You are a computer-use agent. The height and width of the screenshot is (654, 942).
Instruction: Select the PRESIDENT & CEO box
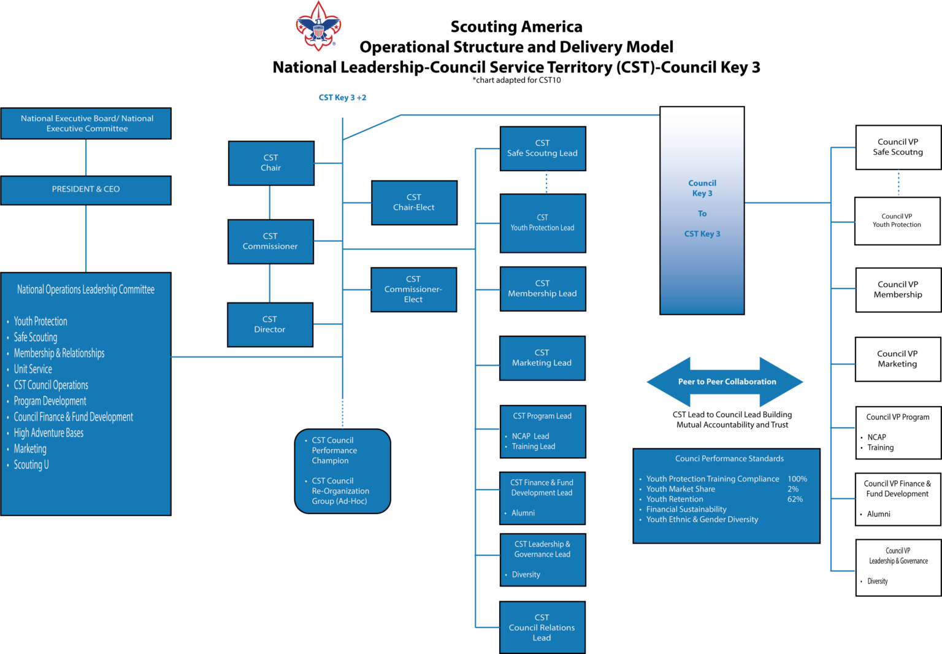pyautogui.click(x=86, y=190)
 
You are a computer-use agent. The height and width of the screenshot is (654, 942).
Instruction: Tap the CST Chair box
pyautogui.click(x=271, y=163)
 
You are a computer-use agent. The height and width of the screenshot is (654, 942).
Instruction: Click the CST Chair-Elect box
pyautogui.click(x=414, y=202)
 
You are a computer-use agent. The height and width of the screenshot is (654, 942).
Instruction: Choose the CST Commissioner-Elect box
pyautogui.click(x=413, y=289)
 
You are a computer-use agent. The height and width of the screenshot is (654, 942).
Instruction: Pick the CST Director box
pyautogui.click(x=270, y=325)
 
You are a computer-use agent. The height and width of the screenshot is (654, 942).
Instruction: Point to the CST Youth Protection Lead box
pyautogui.click(x=543, y=223)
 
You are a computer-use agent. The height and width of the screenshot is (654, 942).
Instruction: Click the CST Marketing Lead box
pyautogui.click(x=542, y=358)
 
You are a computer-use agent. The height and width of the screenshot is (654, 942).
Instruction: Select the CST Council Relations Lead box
pyautogui.click(x=542, y=628)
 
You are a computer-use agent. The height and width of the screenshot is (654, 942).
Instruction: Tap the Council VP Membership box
pyautogui.click(x=898, y=290)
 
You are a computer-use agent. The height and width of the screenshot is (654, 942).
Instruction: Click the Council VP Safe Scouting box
pyautogui.click(x=898, y=147)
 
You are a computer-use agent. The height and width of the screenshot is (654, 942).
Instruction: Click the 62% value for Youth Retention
pyautogui.click(x=795, y=499)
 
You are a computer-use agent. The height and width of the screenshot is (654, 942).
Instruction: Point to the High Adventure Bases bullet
pyautogui.click(x=48, y=433)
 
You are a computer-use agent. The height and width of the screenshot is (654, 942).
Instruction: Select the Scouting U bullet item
pyautogui.click(x=31, y=465)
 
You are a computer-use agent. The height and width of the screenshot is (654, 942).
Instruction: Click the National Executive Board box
pyautogui.click(x=86, y=123)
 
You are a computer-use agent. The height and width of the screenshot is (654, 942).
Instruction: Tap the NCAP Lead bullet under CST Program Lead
pyautogui.click(x=530, y=436)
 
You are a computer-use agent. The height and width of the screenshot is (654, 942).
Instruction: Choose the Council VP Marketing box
pyautogui.click(x=897, y=359)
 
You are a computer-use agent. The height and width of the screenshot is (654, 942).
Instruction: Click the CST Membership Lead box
pyautogui.click(x=542, y=288)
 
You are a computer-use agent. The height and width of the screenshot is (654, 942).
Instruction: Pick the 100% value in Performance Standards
pyautogui.click(x=797, y=479)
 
